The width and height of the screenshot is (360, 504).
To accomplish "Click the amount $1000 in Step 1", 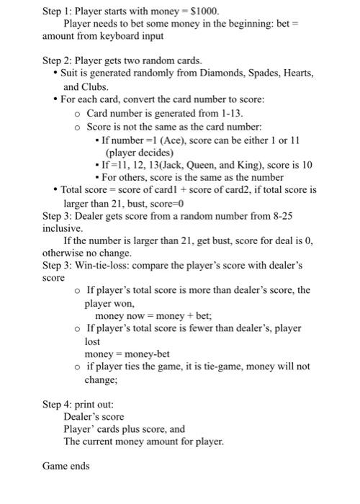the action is [x=203, y=12].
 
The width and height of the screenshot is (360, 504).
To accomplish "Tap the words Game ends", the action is [x=66, y=466].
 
